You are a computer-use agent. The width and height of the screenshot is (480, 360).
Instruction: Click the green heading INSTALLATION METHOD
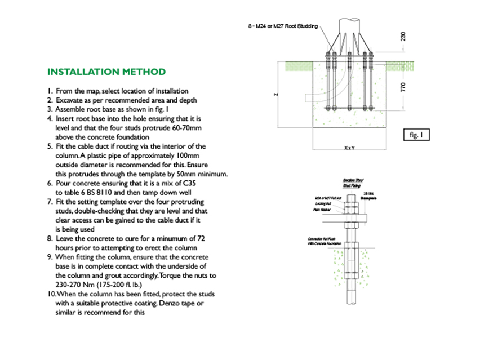[106, 72]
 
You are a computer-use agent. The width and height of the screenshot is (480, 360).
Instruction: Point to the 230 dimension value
[403, 36]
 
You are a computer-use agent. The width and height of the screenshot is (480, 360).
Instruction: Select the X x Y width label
[349, 148]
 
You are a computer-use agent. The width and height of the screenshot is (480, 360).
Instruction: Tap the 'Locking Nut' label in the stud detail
[322, 203]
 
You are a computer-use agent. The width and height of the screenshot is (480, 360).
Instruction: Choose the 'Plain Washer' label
[321, 209]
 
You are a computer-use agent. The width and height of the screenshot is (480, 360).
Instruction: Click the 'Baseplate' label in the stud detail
[368, 198]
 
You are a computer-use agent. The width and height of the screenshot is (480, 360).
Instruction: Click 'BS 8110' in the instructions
[97, 192]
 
